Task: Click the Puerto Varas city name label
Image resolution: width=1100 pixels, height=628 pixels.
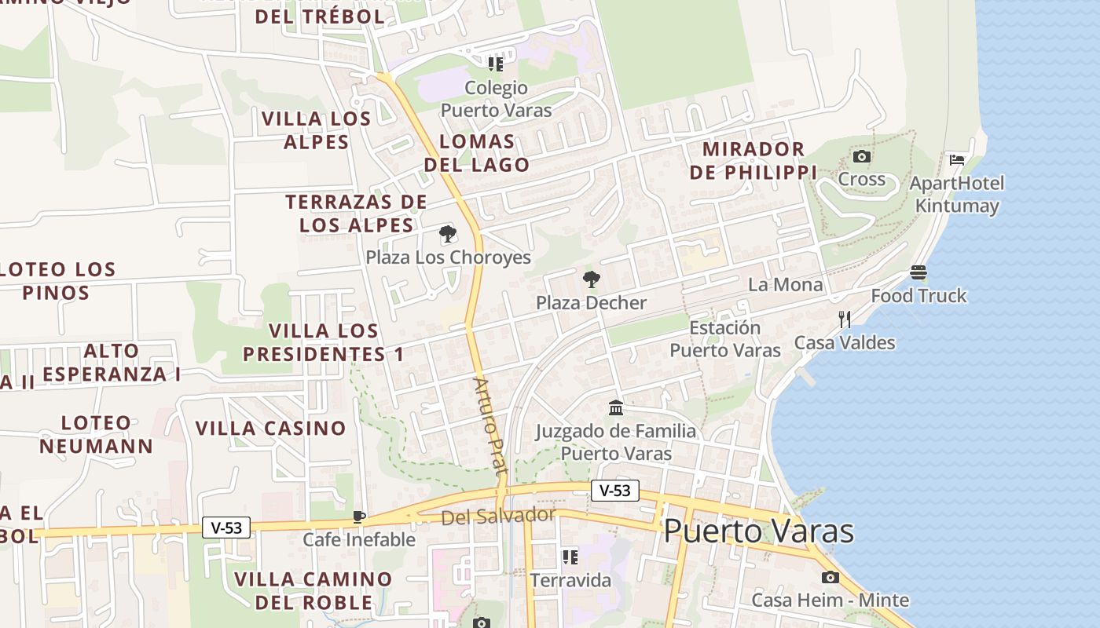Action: point(758,531)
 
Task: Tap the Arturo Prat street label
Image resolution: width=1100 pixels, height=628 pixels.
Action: point(487,424)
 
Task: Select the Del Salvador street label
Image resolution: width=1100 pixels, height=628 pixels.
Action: point(498,517)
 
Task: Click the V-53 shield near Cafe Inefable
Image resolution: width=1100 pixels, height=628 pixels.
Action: point(226,528)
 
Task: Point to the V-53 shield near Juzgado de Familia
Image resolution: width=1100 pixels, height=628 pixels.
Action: point(614,491)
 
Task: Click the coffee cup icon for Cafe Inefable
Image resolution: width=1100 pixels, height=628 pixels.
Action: point(359,517)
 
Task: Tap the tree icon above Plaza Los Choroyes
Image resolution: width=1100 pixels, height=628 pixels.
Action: point(448,234)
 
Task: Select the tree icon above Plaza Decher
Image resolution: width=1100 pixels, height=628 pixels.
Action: point(591,279)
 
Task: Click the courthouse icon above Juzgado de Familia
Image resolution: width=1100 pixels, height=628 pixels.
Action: point(616,408)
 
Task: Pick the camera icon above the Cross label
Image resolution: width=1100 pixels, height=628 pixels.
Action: point(862,156)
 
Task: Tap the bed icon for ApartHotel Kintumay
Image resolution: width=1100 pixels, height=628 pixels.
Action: point(957,160)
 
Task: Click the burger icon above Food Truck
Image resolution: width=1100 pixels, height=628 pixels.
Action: point(918,272)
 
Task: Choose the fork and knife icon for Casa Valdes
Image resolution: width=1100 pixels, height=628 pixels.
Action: point(845,319)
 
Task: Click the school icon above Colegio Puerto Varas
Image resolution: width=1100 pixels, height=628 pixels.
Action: point(496,64)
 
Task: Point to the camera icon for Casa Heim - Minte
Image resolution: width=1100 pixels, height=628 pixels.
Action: point(830,578)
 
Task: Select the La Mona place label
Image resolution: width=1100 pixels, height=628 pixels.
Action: point(785,285)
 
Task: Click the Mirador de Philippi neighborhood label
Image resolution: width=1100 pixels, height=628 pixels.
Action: point(753,160)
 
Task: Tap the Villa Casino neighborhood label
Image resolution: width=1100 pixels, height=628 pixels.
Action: point(270,429)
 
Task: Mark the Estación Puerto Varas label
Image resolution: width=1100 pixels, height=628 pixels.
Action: point(725,339)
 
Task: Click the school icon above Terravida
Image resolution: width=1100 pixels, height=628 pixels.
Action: point(570,557)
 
